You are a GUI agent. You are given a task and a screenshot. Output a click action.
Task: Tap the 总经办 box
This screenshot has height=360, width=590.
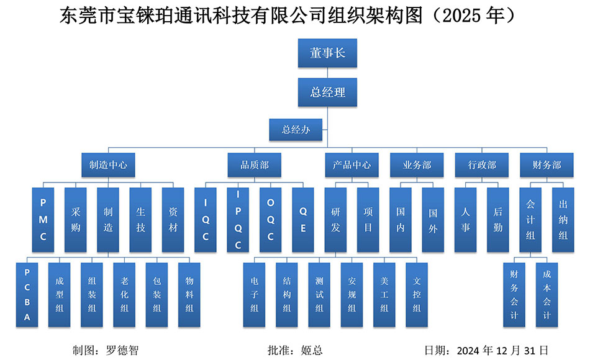click(x=296, y=130)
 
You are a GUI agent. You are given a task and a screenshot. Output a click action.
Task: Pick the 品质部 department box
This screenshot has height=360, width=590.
click(x=255, y=165)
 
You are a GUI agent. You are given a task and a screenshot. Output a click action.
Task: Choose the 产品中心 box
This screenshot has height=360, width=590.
click(x=352, y=165)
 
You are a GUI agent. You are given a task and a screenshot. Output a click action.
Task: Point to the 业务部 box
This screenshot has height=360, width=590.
click(x=417, y=165)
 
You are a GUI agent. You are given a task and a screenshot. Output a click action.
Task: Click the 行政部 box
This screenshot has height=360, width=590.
click(x=481, y=165)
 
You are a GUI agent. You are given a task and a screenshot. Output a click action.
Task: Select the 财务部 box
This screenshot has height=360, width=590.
click(x=547, y=165)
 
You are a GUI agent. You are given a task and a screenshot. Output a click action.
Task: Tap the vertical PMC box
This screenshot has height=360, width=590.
click(x=43, y=219)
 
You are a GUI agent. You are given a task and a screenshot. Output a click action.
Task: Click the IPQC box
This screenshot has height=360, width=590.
click(x=238, y=219)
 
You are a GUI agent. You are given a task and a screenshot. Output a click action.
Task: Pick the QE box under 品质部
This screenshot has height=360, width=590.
click(x=303, y=219)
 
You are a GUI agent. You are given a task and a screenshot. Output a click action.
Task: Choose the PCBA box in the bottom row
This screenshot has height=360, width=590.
click(x=27, y=294)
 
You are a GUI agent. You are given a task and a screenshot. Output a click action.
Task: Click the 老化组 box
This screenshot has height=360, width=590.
click(x=124, y=294)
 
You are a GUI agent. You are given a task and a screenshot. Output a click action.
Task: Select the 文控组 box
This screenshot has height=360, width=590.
click(x=416, y=294)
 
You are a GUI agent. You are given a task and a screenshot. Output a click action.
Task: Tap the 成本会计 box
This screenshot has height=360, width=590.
click(x=547, y=294)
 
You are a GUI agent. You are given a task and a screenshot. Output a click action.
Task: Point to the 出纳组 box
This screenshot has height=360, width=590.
click(x=563, y=219)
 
